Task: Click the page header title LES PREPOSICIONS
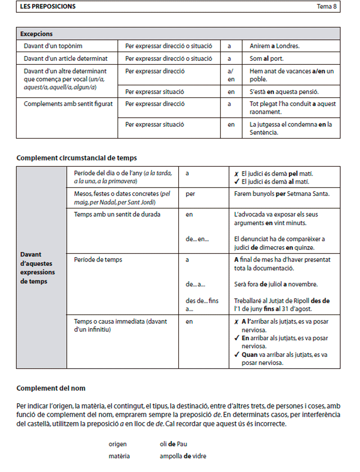pyautogui.click(x=48, y=7)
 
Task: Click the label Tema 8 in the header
pyautogui.click(x=327, y=7)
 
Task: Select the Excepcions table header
pyautogui.click(x=36, y=34)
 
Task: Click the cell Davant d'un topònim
pyautogui.click(x=53, y=46)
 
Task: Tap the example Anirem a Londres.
pyautogui.click(x=274, y=46)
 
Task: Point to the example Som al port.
pyautogui.click(x=266, y=58)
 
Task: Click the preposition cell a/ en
pyautogui.click(x=231, y=75)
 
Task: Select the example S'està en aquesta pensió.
pyautogui.click(x=284, y=92)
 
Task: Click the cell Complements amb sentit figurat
pyautogui.click(x=68, y=104)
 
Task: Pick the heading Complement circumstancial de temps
pyautogui.click(x=76, y=158)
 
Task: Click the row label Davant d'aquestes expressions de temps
pyautogui.click(x=37, y=268)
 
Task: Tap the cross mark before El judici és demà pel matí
pyautogui.click(x=236, y=174)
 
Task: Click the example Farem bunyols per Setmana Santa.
pyautogui.click(x=282, y=194)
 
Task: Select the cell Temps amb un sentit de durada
pyautogui.click(x=117, y=214)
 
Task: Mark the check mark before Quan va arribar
pyautogui.click(x=237, y=355)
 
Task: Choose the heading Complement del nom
pyautogui.click(x=51, y=388)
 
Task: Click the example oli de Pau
pyautogui.click(x=173, y=444)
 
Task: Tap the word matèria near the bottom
pyautogui.click(x=119, y=456)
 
